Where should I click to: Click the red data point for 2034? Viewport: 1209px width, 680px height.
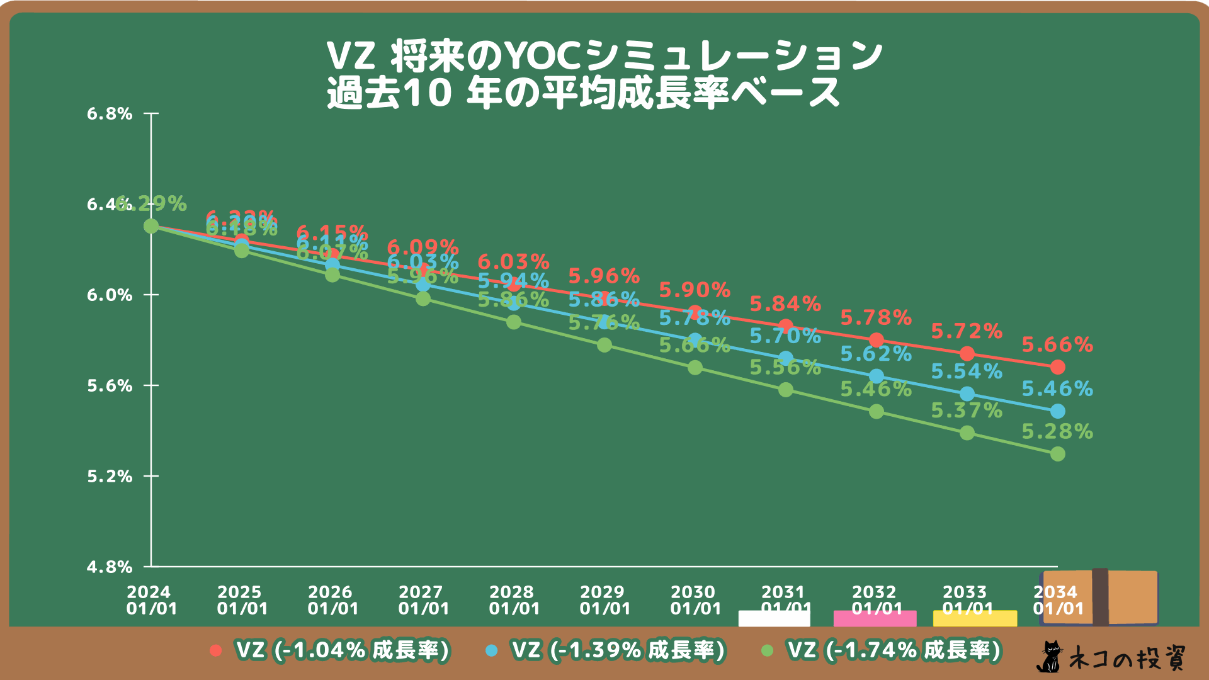(x=1057, y=367)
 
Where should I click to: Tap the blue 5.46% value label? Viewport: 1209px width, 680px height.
(x=1057, y=388)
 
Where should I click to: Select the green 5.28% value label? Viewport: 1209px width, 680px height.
(x=1057, y=431)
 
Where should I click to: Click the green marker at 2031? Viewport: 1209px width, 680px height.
(x=785, y=390)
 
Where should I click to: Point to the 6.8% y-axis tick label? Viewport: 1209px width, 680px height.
(x=110, y=114)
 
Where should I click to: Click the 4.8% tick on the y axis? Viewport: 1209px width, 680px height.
(x=110, y=567)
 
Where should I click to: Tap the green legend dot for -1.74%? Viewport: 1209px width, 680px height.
(x=767, y=650)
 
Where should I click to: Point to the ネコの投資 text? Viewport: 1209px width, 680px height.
(x=1127, y=658)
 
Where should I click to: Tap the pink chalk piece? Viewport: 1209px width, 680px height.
(x=875, y=618)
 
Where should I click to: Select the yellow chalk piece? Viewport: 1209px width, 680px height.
(x=974, y=618)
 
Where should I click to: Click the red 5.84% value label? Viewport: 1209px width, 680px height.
(x=785, y=304)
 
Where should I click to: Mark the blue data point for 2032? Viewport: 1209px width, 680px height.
(x=876, y=377)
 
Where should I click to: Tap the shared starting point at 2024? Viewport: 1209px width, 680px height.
(x=151, y=225)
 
